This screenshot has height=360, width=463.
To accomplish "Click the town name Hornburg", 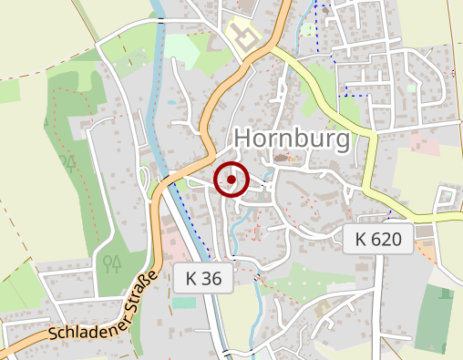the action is click(x=293, y=139).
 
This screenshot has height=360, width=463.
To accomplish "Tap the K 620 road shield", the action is click(x=378, y=240).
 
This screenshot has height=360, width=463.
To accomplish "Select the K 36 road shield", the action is click(x=203, y=278).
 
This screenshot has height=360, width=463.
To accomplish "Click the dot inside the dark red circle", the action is click(x=231, y=180).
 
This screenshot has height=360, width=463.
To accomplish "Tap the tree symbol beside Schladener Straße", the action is click(x=112, y=264).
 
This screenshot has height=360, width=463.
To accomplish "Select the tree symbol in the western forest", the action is click(x=67, y=164).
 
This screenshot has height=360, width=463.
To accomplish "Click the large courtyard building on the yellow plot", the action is click(x=243, y=36).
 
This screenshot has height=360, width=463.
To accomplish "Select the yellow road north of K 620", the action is click(x=371, y=169).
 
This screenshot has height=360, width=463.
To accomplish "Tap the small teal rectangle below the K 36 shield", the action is click(x=184, y=302).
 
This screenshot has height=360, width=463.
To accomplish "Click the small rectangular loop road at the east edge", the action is click(x=448, y=198).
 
